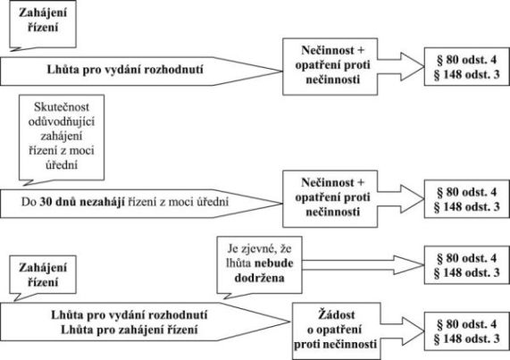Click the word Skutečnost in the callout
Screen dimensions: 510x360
[62, 107]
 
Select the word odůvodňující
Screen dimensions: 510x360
[62, 121]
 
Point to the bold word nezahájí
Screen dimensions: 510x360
[103, 202]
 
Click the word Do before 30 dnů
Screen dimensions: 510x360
[29, 202]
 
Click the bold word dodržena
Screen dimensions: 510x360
[259, 278]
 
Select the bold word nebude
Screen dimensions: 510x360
[274, 264]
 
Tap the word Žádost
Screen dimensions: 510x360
[336, 314]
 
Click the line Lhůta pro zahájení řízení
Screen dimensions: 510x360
[130, 330]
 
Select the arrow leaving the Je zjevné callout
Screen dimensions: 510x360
[363, 264]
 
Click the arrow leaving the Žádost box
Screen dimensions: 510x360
[402, 331]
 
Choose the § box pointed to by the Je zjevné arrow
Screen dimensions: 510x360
[466, 264]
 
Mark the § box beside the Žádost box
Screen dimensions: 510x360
[466, 331]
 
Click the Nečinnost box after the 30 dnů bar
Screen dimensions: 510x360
[330, 198]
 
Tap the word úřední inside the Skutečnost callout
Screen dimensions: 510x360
[62, 165]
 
